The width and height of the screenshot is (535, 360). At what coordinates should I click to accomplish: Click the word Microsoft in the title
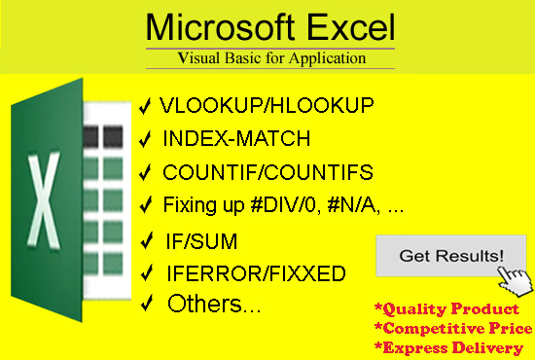pyautogui.click(x=212, y=25)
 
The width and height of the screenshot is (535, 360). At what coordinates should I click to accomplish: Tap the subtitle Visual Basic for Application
pyautogui.click(x=271, y=58)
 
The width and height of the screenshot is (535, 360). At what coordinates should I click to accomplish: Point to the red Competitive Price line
pyautogui.click(x=453, y=329)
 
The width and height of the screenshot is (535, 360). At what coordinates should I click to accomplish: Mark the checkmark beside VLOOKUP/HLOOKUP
pyautogui.click(x=145, y=104)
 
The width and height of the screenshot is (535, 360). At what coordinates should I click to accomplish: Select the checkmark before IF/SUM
pyautogui.click(x=145, y=239)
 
